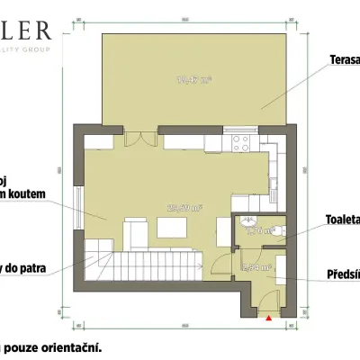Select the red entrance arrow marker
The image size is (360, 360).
tap(267, 316)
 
